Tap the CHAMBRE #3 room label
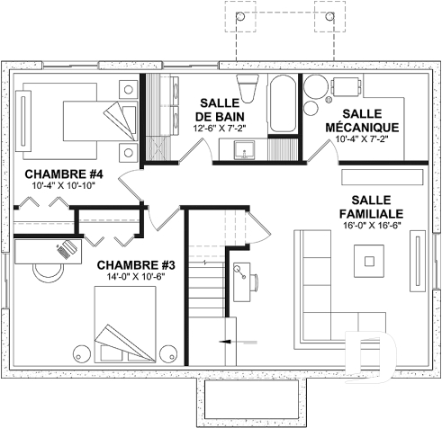click(135, 265)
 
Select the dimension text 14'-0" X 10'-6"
click(135, 278)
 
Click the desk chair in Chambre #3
click(41, 268)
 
